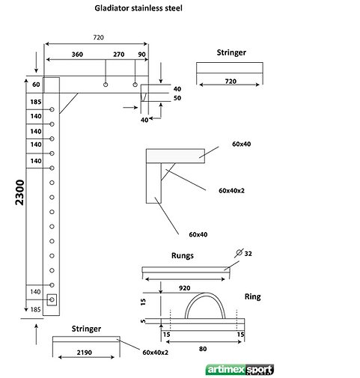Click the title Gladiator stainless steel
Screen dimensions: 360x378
click(138, 8)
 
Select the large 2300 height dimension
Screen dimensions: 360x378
click(19, 192)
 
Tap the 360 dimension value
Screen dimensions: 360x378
click(77, 55)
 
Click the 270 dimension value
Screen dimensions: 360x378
click(119, 55)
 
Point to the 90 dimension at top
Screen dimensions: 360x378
click(141, 55)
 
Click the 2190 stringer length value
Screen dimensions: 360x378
click(85, 353)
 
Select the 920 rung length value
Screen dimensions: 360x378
click(185, 288)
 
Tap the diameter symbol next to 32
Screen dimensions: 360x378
click(239, 253)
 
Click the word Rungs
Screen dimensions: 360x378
click(183, 256)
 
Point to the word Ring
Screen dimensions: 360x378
click(252, 297)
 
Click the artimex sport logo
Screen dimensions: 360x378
click(240, 370)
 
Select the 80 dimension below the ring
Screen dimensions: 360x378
click(203, 349)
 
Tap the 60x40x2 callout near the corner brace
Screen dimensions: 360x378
click(231, 191)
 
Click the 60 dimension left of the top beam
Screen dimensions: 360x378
click(36, 85)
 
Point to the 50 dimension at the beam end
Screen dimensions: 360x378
click(177, 98)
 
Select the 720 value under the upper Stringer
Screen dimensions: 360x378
click(231, 82)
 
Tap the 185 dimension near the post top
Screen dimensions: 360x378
click(36, 102)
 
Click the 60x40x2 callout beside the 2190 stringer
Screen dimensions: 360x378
click(155, 353)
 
